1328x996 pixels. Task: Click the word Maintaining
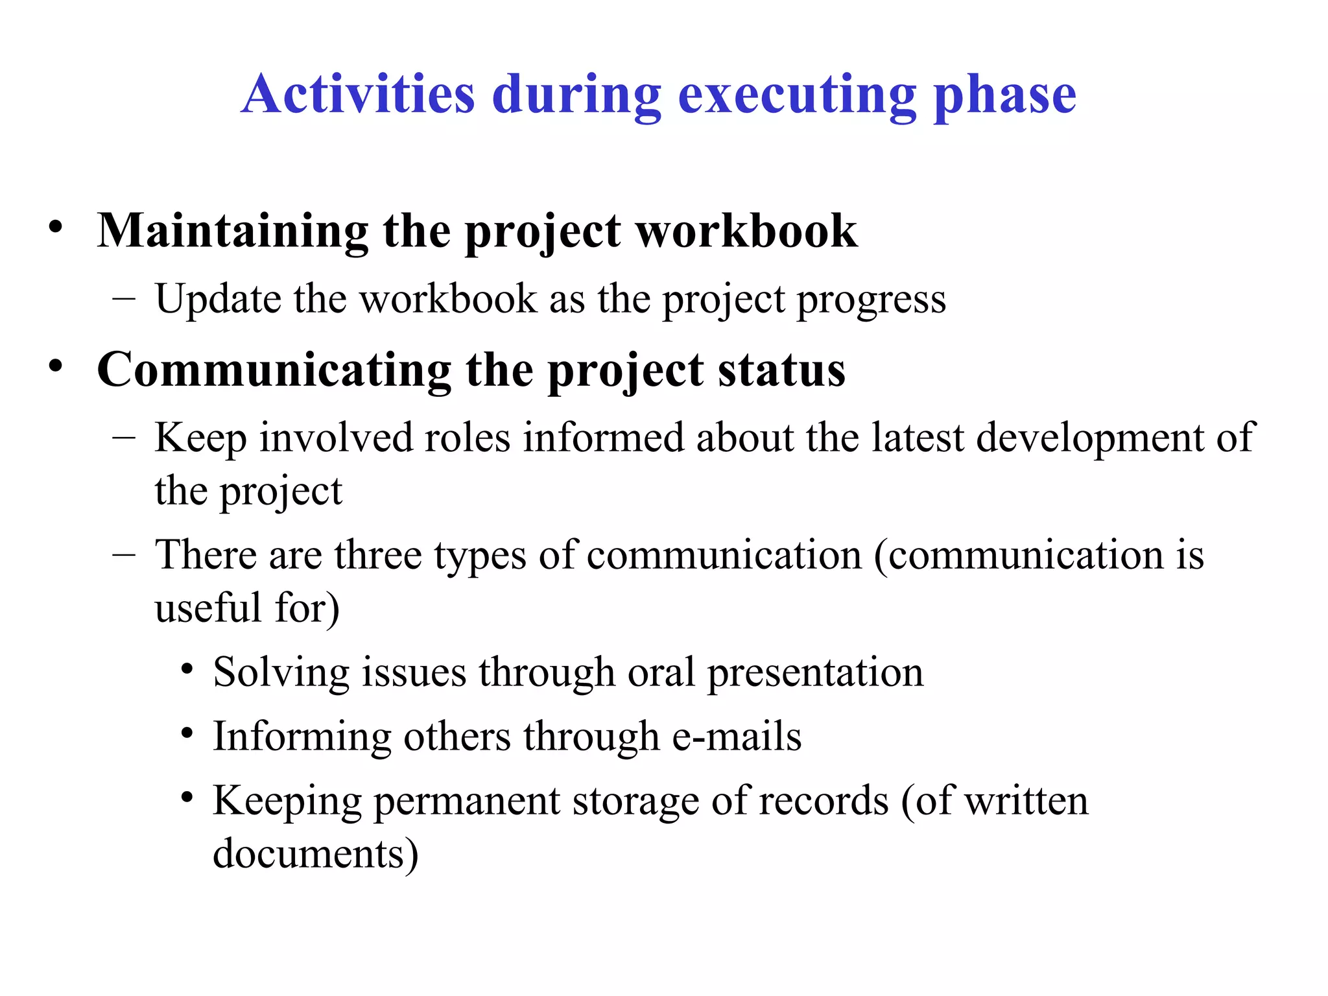click(233, 231)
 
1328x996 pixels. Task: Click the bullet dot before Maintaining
click(56, 228)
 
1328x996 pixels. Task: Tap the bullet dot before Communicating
click(56, 366)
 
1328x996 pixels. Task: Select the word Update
click(219, 299)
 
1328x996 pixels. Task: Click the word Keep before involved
click(201, 438)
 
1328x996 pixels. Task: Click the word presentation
click(815, 673)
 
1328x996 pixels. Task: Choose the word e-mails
click(737, 737)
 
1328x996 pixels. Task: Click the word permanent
click(467, 802)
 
